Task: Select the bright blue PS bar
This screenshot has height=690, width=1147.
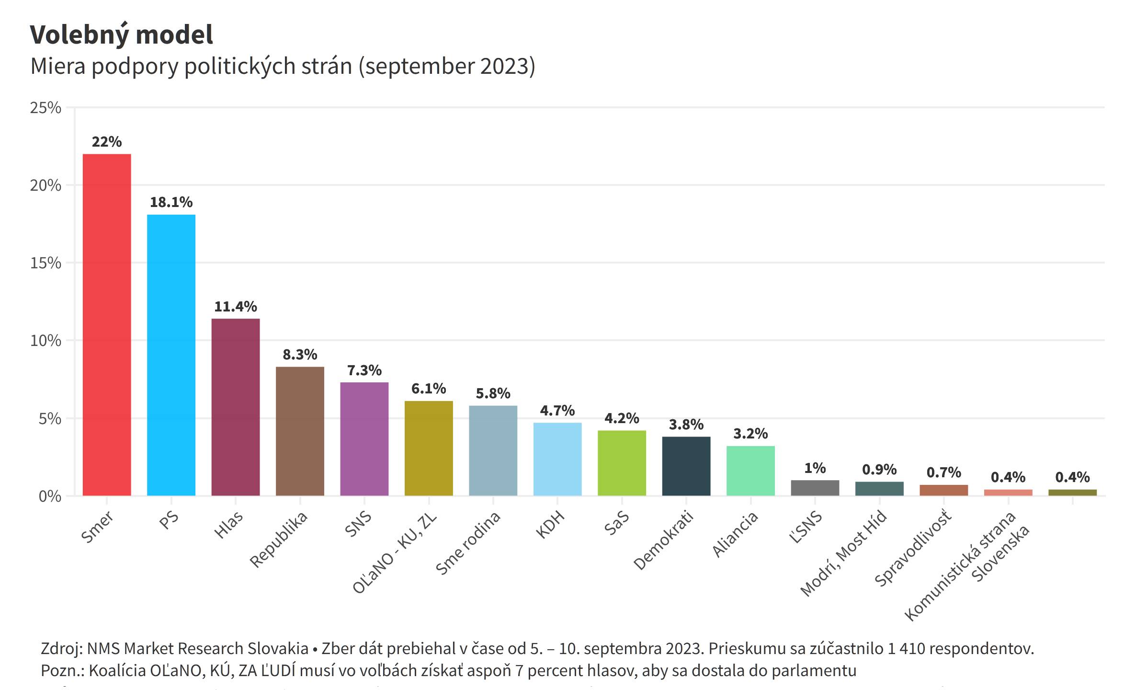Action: click(171, 355)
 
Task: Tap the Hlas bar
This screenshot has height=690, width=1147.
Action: click(236, 407)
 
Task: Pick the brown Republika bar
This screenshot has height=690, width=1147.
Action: click(300, 431)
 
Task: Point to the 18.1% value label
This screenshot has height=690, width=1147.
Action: click(171, 202)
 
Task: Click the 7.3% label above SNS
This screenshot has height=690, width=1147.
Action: click(364, 370)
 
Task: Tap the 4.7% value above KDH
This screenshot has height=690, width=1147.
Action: click(557, 411)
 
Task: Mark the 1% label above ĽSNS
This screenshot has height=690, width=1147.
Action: click(815, 468)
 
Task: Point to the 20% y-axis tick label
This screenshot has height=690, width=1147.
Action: click(46, 185)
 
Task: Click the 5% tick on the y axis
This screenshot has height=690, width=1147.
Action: click(50, 419)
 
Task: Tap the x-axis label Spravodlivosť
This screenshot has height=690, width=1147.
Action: click(913, 548)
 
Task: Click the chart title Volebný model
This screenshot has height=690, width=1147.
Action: click(122, 34)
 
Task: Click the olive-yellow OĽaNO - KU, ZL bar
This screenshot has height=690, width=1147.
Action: click(429, 448)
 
